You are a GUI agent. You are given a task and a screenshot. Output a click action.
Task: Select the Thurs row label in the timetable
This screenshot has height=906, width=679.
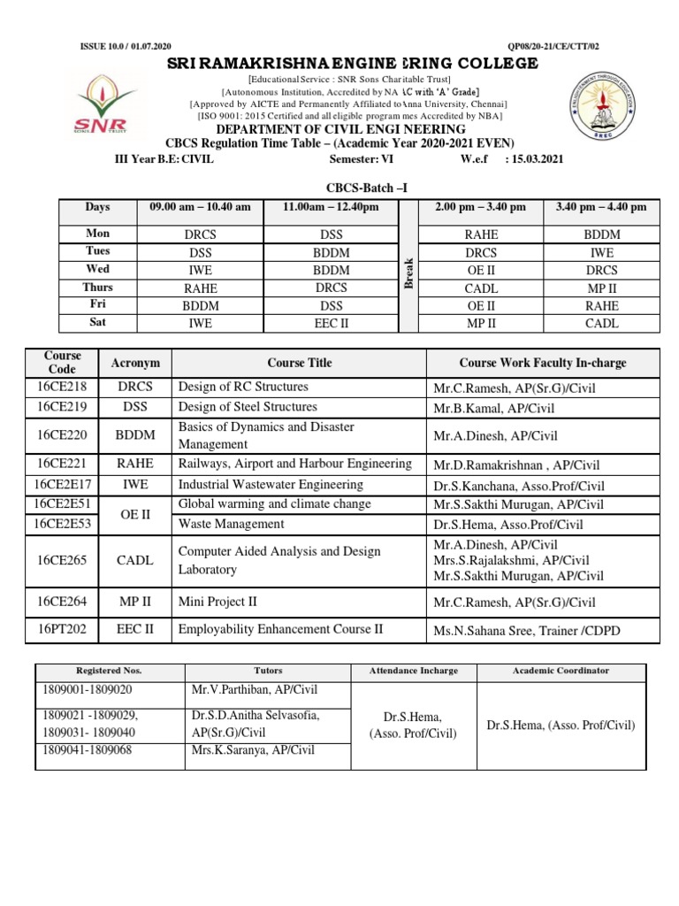98,287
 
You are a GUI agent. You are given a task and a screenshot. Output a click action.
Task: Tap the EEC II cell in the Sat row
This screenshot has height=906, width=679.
332,323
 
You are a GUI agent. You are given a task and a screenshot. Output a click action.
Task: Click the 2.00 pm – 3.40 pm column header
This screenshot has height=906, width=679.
480,207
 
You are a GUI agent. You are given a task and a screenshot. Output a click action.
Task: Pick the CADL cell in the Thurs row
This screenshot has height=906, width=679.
480,288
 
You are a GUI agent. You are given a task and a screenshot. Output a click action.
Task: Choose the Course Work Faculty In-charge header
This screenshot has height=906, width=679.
542,363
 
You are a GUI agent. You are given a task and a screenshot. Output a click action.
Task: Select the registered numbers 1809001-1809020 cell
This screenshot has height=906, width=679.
85,690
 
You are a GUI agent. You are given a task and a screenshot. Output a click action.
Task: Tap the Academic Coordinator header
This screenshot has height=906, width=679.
561,671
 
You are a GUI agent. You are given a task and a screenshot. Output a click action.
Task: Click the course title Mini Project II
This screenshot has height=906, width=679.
217,602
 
